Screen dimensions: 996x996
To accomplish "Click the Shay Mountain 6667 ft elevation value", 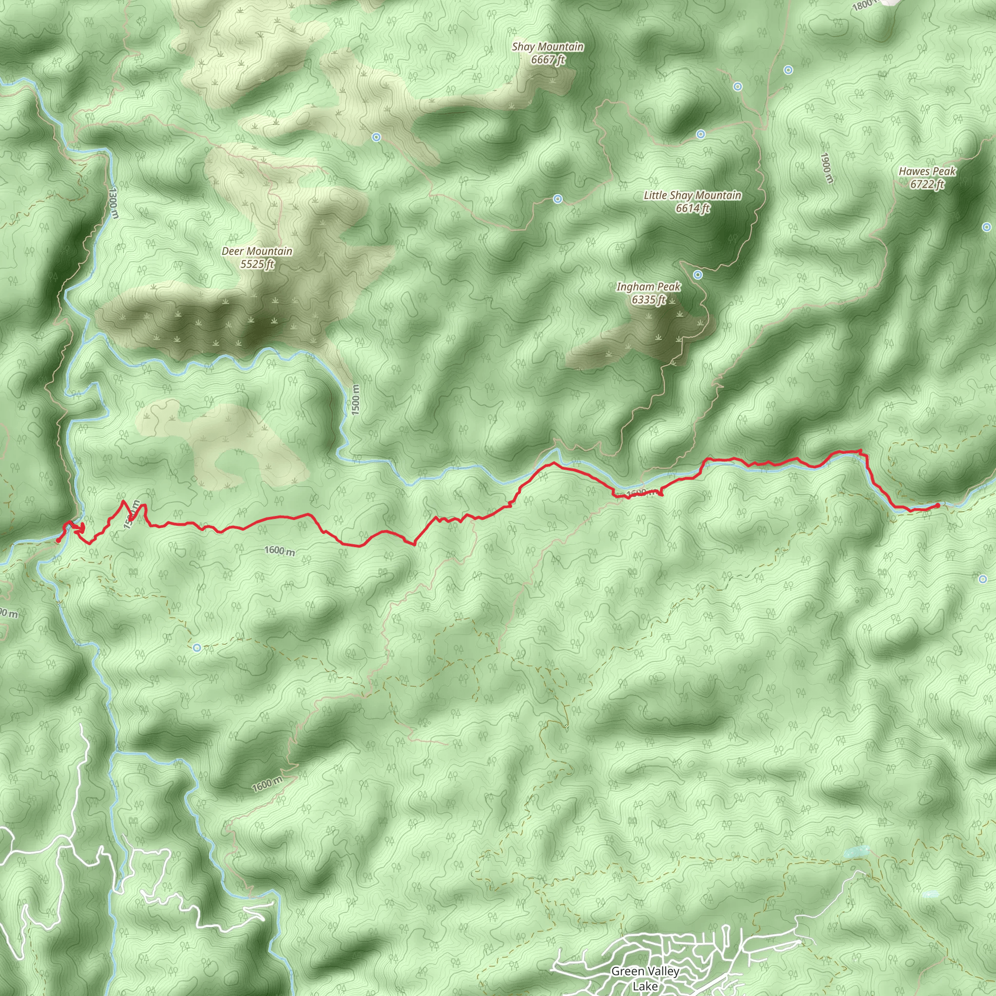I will pyautogui.click(x=548, y=60).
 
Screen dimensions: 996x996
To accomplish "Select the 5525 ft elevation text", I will pyautogui.click(x=257, y=265).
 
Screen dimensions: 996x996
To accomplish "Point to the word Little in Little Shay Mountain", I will pyautogui.click(x=655, y=196).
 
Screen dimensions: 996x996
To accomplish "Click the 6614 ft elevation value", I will pyautogui.click(x=693, y=208).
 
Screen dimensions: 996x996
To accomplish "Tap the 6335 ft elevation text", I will pyautogui.click(x=649, y=300).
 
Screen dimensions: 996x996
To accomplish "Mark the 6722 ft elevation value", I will pyautogui.click(x=927, y=184).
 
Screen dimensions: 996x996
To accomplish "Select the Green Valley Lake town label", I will pyautogui.click(x=645, y=978).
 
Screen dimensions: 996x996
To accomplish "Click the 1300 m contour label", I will pyautogui.click(x=113, y=203).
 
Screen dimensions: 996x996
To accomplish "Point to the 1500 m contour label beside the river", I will pyautogui.click(x=356, y=400).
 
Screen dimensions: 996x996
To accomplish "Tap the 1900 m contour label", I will pyautogui.click(x=826, y=168).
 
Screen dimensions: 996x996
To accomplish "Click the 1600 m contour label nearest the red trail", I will pyautogui.click(x=280, y=551).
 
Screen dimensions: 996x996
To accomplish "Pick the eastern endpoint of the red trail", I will pyautogui.click(x=937, y=506).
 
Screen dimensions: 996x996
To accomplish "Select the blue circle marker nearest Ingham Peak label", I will pyautogui.click(x=697, y=275).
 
